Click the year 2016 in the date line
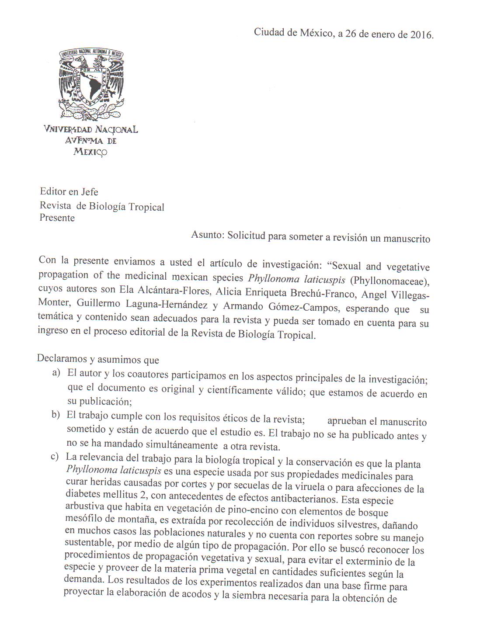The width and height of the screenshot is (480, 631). [421, 35]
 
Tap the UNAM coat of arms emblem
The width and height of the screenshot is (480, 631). [92, 85]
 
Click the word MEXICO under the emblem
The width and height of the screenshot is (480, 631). [90, 152]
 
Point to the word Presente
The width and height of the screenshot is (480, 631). [57, 218]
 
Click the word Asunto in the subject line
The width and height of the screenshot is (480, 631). [207, 235]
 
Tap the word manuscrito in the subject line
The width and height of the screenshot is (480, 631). [407, 239]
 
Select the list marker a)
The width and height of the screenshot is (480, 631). [56, 373]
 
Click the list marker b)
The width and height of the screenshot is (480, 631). [56, 414]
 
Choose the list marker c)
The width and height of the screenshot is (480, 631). [55, 457]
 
